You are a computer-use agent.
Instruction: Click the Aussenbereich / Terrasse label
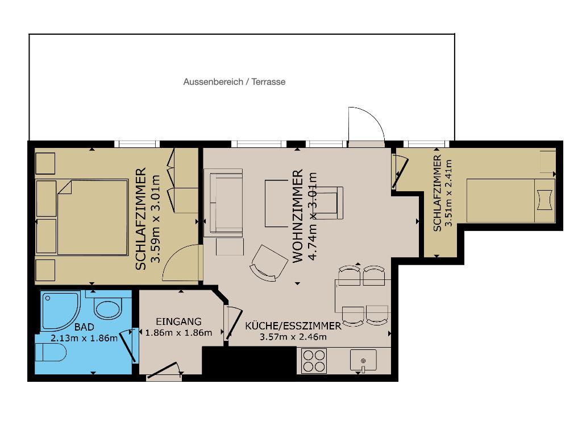(234, 82)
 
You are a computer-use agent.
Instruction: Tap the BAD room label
(84, 327)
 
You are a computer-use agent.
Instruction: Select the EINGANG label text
(178, 321)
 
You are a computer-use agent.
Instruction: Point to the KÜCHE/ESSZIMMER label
(293, 326)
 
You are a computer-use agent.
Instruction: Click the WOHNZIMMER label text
(298, 216)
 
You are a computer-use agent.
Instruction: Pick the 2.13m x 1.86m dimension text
(84, 338)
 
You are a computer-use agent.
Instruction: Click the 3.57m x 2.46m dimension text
(293, 337)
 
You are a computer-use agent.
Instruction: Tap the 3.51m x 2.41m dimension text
(449, 193)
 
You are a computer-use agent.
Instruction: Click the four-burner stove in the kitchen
(314, 360)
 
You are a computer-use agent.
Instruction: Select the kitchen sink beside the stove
(363, 361)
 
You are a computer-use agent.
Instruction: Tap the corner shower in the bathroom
(60, 311)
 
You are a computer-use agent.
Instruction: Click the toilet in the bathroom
(51, 353)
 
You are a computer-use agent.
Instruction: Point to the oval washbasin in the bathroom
(107, 308)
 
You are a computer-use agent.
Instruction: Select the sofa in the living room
(224, 203)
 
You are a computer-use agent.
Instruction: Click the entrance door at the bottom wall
(164, 371)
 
